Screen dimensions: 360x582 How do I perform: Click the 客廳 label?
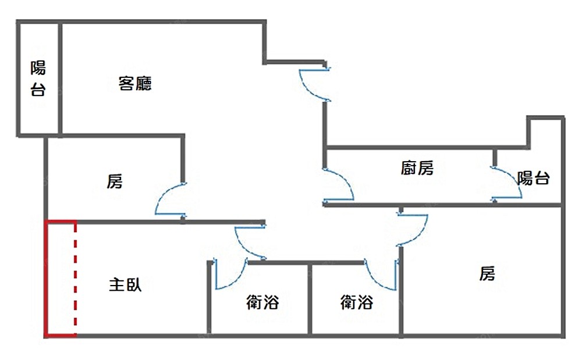coord(135,84)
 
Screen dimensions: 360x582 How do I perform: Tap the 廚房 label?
coord(417,169)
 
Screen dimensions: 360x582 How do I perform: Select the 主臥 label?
coord(125,285)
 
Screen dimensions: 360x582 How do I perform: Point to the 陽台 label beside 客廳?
coord(38,79)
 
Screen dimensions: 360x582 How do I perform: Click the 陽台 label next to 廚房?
coord(533,178)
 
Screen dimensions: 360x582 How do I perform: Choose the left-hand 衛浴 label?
coord(262,302)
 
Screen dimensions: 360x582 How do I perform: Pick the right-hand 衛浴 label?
coord(356,302)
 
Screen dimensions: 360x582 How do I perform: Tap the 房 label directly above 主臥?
coord(115,181)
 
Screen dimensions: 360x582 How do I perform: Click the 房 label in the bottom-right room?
coord(487,273)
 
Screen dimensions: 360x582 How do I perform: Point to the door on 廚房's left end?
coord(339,185)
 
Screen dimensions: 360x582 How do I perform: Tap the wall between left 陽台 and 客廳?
coord(59,79)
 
